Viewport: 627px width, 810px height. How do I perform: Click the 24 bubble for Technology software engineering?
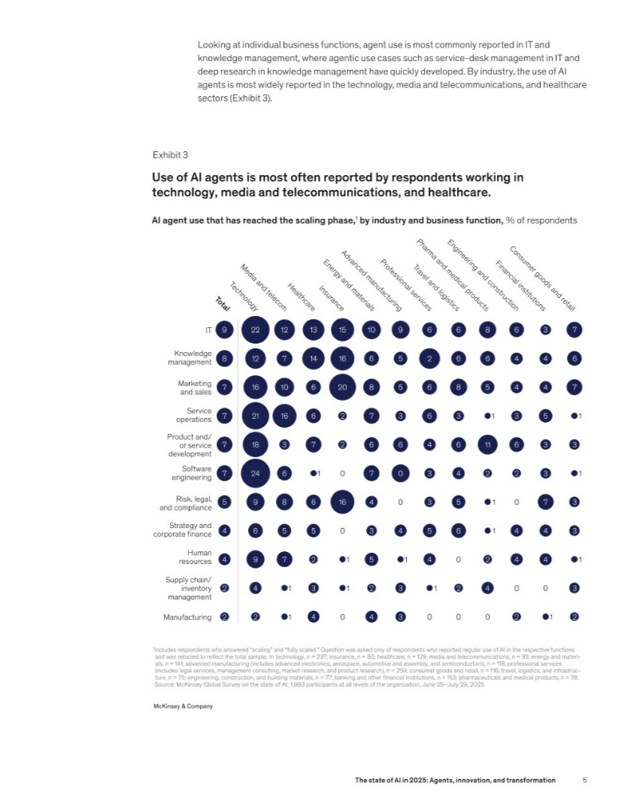[x=256, y=474]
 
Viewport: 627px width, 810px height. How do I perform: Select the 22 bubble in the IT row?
[x=256, y=329]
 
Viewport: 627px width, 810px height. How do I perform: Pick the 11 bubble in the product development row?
[x=488, y=444]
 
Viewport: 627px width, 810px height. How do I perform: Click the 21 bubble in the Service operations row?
[x=256, y=416]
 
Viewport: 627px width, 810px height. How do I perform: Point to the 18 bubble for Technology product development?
[x=256, y=444]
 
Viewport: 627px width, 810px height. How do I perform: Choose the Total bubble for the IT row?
[x=224, y=329]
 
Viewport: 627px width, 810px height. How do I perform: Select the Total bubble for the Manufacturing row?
[x=224, y=617]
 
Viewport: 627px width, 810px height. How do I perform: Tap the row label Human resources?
[x=194, y=560]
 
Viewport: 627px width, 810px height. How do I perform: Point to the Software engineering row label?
[x=192, y=474]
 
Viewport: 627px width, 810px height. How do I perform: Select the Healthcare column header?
[x=301, y=297]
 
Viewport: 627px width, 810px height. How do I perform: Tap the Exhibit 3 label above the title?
[x=170, y=156]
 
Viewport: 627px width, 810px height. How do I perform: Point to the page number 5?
[x=584, y=781]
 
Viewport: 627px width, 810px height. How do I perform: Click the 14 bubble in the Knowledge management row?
[x=313, y=358]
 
